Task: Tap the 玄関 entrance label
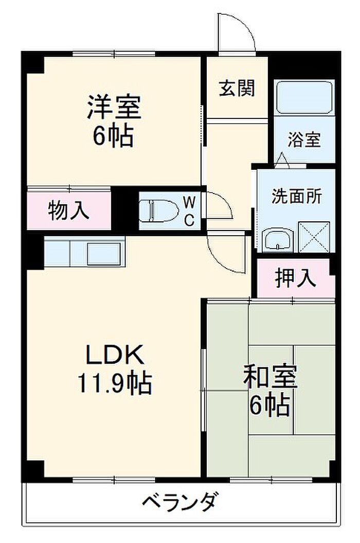[237, 89]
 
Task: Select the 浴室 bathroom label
[304, 139]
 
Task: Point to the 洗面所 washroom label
[297, 196]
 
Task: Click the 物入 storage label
[69, 211]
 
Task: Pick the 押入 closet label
[295, 278]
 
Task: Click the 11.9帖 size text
[114, 382]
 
